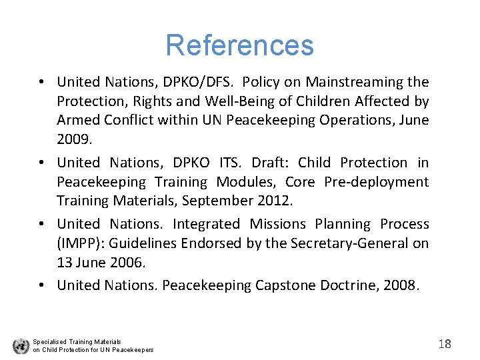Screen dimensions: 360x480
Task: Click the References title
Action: (x=239, y=45)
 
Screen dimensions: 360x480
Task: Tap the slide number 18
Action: (x=445, y=344)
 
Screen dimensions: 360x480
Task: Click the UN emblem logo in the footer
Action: (x=21, y=346)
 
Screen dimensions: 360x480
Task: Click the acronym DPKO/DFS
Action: (x=198, y=82)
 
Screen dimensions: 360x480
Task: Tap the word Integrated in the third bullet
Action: (x=206, y=224)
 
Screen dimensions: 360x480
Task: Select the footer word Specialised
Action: (x=50, y=342)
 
